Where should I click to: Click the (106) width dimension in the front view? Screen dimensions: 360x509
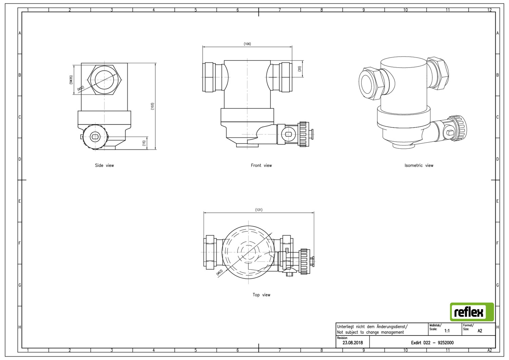coord(247,44)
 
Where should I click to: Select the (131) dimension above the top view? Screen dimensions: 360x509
coord(259,210)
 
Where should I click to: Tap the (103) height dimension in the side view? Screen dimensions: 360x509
coord(152,106)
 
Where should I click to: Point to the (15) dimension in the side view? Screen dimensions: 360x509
coord(144,143)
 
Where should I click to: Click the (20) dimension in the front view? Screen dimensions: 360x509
coord(299,69)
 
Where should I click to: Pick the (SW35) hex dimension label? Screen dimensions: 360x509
coord(71,80)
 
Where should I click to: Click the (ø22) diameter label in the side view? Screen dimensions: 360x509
coord(81,88)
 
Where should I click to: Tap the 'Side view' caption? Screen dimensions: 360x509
coord(104,165)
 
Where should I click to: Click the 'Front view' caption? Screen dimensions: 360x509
coord(261,165)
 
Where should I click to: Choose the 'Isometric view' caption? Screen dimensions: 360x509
coord(419,165)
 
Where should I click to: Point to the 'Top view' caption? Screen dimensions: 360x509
coord(261,295)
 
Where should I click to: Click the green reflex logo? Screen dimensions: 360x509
coord(472,312)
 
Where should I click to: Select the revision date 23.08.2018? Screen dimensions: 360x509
coord(353,343)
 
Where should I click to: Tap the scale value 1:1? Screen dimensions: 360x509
coord(447,330)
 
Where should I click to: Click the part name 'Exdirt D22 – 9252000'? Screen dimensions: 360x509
coord(432,343)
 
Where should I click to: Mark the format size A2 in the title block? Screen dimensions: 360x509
coord(479,330)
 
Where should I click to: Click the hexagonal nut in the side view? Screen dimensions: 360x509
coord(105,79)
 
